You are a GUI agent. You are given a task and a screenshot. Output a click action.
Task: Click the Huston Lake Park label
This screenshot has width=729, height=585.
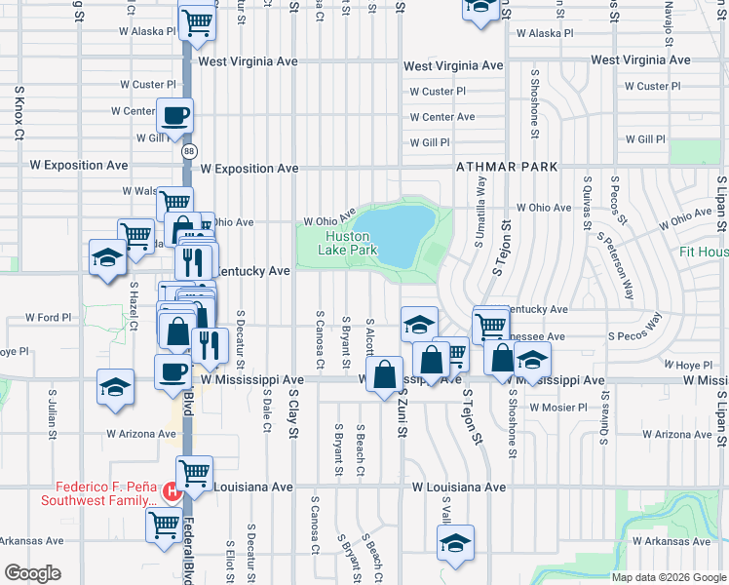(348, 243)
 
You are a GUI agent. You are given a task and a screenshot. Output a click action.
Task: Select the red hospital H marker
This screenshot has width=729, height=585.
(173, 491)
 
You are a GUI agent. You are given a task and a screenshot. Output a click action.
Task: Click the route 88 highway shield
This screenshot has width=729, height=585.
(188, 151)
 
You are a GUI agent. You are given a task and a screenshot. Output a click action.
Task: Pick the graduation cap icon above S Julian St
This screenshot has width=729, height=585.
(115, 387)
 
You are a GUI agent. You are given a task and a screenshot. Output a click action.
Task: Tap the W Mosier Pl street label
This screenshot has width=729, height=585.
(558, 407)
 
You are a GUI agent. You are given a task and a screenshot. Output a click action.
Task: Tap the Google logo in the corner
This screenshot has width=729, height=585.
(32, 572)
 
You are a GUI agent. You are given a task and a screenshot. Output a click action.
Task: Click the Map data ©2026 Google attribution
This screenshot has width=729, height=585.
(669, 577)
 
